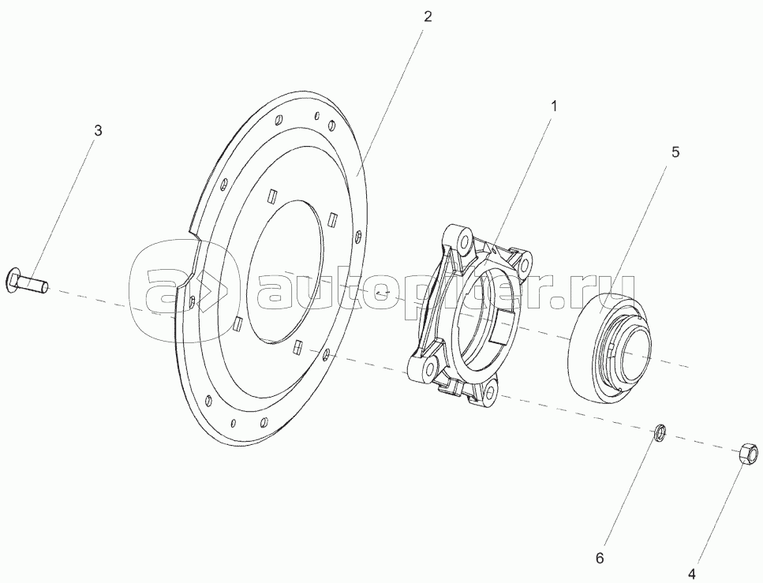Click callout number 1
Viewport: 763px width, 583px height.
click(553, 106)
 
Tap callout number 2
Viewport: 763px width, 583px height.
click(427, 17)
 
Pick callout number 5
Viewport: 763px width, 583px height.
click(675, 151)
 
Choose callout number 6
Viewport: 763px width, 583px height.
click(600, 559)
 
